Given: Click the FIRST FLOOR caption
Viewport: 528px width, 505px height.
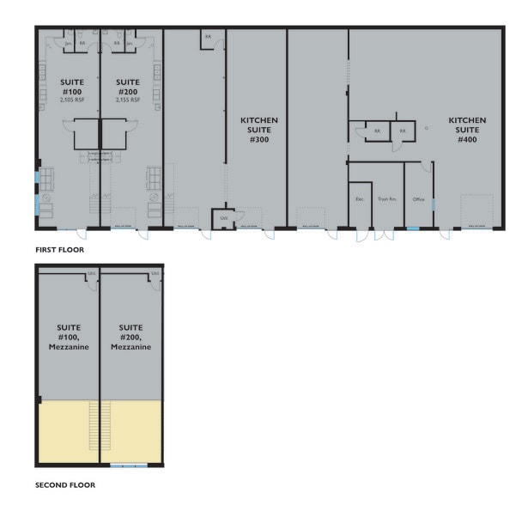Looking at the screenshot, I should click(x=60, y=249).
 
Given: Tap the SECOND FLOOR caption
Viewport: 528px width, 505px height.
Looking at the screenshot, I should click(x=65, y=484).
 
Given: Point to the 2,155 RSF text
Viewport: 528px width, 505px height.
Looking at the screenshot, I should click(x=127, y=100).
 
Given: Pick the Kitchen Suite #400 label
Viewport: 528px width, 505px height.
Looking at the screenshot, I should click(x=467, y=130).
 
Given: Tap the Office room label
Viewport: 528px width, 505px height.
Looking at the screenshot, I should click(x=419, y=199).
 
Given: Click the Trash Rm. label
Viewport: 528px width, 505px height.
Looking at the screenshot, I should click(x=387, y=199).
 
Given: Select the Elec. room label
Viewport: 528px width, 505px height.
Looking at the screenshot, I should click(x=361, y=199).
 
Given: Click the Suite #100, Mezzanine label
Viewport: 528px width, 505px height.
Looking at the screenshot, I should click(x=70, y=338).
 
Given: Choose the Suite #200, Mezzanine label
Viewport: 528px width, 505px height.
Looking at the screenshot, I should click(x=130, y=338).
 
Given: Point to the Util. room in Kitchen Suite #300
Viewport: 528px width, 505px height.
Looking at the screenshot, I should click(x=223, y=217).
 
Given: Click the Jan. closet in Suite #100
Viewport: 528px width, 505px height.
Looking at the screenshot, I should click(x=68, y=42).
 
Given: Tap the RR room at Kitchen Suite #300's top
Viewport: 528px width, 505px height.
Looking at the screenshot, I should click(x=208, y=36).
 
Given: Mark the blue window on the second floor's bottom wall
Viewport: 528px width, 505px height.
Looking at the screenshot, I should click(x=129, y=466).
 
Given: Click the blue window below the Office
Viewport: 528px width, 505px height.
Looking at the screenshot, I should click(x=413, y=228).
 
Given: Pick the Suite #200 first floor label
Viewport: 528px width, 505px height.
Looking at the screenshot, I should click(x=127, y=87).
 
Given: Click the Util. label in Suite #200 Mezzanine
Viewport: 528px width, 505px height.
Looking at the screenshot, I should click(x=155, y=275).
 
